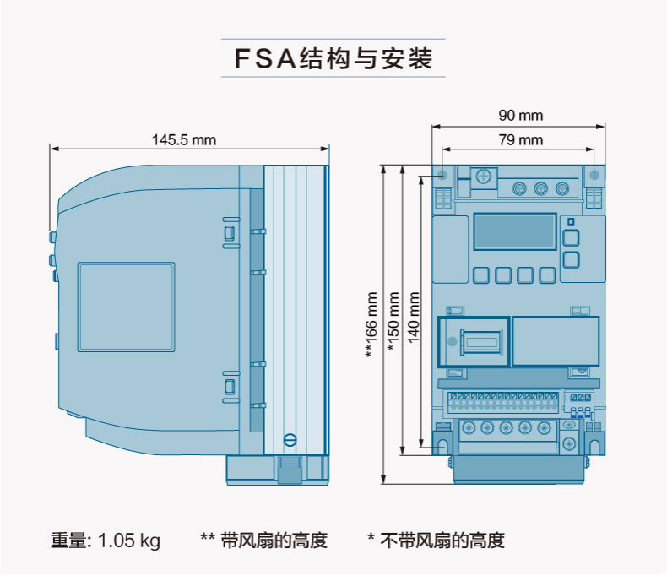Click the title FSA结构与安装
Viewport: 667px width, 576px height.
tap(333, 58)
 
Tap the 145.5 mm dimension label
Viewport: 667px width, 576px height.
tap(184, 139)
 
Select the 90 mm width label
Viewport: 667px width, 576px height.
tap(521, 116)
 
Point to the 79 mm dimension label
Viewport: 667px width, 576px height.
tap(521, 139)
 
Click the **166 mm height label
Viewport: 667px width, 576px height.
tap(371, 324)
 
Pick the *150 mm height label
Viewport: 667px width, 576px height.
tap(393, 322)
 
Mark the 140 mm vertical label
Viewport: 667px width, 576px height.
tap(414, 318)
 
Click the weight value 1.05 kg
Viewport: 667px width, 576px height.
tap(129, 541)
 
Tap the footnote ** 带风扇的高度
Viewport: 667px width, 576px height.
tap(263, 541)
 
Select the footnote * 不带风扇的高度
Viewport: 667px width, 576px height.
tap(436, 541)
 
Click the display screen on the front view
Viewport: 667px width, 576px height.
tap(515, 231)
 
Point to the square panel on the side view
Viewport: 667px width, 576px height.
tap(127, 307)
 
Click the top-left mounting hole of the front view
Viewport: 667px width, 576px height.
tap(442, 175)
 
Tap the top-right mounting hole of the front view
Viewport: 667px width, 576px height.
tap(594, 175)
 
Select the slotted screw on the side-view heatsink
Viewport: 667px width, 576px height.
tap(290, 440)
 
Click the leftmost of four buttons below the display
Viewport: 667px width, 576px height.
tap(480, 275)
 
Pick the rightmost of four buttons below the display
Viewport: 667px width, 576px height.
tap(547, 275)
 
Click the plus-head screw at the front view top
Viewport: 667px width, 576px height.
tap(483, 177)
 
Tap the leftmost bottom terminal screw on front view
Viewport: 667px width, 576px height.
tap(469, 427)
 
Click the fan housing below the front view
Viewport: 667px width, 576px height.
tap(519, 470)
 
